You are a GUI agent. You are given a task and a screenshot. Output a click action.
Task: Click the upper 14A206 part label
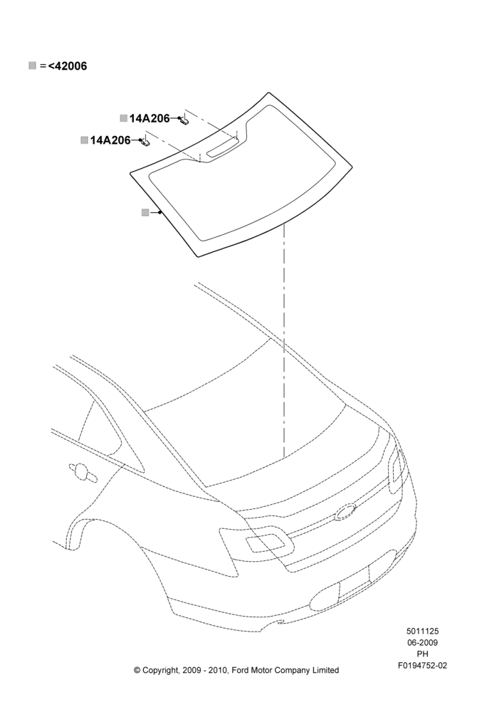[x=149, y=118]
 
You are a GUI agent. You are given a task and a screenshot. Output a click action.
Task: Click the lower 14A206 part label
[x=110, y=140]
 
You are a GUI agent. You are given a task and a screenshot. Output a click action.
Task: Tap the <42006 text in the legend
[x=68, y=66]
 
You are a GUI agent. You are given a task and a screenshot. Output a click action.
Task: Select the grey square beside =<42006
[x=32, y=66]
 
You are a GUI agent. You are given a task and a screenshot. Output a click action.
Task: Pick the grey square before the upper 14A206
[x=123, y=118]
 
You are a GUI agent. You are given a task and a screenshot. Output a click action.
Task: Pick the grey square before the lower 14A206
[x=85, y=140]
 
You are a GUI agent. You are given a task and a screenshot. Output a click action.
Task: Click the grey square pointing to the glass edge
[x=145, y=212]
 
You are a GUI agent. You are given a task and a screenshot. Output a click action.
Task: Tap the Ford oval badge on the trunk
[x=346, y=511]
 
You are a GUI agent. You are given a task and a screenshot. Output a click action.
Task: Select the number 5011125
[x=422, y=631]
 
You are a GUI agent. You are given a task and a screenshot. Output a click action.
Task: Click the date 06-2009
[x=422, y=642]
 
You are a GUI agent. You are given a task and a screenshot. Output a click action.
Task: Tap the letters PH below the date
[x=422, y=654]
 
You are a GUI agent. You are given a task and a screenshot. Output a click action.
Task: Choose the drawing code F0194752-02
[x=422, y=666]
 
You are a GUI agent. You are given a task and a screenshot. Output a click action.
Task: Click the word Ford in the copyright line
[x=241, y=670]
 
